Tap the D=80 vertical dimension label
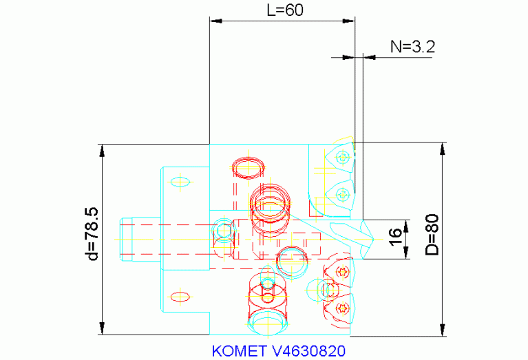[x=431, y=235]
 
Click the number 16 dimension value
[x=395, y=234]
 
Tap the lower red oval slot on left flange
[x=180, y=297]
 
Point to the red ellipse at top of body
[x=249, y=167]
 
